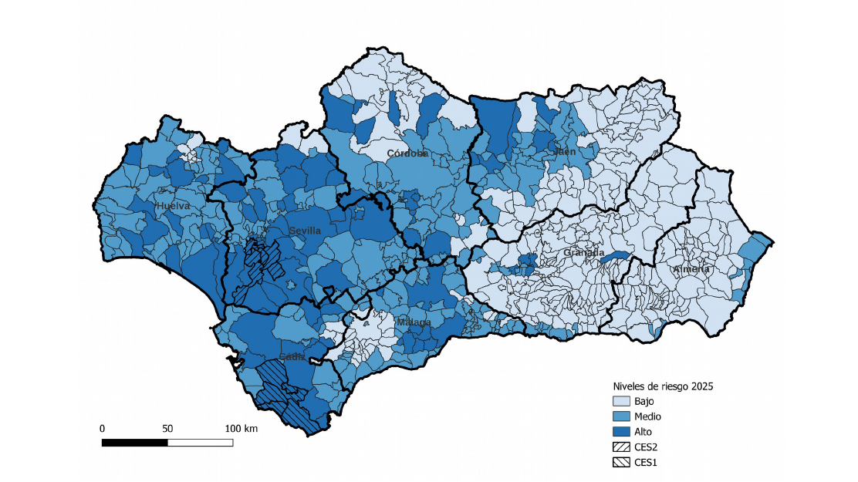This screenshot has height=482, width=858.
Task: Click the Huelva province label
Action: [172, 206]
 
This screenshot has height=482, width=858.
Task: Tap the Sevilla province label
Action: [305, 231]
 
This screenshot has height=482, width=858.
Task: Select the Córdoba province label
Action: [407, 153]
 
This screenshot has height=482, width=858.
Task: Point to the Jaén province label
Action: [564, 152]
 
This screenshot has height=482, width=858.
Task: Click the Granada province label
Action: [583, 252]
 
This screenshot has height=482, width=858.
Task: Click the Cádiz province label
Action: [292, 356]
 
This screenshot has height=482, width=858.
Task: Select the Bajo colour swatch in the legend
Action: [621, 401]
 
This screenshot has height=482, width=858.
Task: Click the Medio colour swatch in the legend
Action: [621, 416]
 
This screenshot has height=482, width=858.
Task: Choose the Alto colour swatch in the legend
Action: [621, 432]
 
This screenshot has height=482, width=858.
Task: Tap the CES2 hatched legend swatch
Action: [621, 447]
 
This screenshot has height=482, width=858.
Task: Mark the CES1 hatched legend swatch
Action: [621, 462]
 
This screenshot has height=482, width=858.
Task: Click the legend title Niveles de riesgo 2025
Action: [662, 386]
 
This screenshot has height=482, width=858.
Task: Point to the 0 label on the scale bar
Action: [103, 428]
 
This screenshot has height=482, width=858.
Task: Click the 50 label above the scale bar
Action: [167, 428]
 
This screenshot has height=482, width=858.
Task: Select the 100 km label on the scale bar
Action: [241, 428]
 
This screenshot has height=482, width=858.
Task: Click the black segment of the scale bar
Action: [135, 443]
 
